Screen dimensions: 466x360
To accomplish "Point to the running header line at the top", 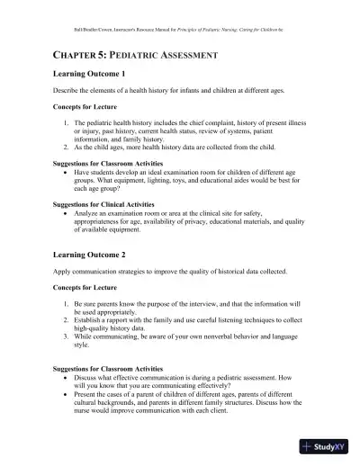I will (180, 15).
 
